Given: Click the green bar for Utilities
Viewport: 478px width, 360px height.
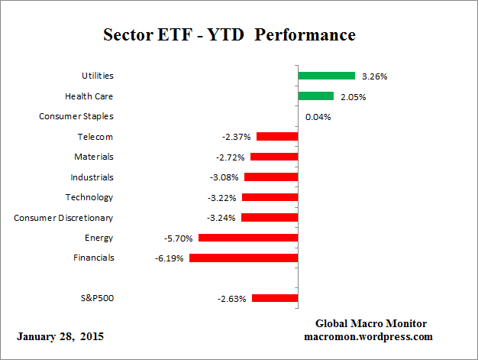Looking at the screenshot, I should click(x=326, y=76).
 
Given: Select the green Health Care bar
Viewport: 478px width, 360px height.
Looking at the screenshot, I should click(x=315, y=96).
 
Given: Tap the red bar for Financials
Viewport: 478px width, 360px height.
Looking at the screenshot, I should click(x=243, y=258).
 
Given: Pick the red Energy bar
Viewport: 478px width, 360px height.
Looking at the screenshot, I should click(x=247, y=238).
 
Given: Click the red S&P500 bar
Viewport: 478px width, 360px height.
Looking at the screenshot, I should click(x=274, y=298).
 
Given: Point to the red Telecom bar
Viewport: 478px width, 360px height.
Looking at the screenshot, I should click(x=276, y=137).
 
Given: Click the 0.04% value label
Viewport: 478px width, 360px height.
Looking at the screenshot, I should click(x=318, y=117).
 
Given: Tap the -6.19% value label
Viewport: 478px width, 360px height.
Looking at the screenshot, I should click(x=170, y=258).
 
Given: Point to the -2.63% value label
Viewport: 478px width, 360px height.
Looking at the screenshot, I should click(x=232, y=299).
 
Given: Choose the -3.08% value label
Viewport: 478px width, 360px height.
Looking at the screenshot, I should click(x=224, y=177).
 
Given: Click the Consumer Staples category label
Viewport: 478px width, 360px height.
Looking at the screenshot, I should click(x=76, y=116).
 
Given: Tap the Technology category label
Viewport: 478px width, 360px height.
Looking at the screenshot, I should click(x=89, y=197).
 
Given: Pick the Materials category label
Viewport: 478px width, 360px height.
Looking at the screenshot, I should click(x=94, y=157).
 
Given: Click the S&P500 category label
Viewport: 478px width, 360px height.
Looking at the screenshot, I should click(x=97, y=298).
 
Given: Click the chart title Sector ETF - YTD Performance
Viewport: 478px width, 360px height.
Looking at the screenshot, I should click(x=229, y=35).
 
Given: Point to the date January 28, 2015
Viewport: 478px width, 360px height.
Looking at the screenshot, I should click(x=60, y=336).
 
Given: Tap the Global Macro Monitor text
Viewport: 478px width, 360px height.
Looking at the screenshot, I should click(x=372, y=323).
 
